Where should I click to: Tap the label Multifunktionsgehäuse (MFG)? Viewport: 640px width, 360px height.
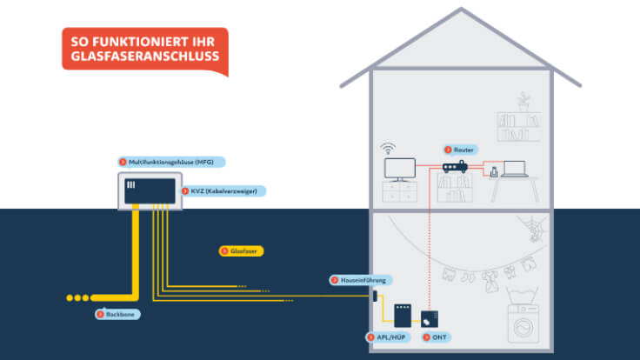171,162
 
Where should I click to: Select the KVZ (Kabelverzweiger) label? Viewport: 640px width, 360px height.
222,190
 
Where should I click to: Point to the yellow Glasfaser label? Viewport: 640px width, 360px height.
241,250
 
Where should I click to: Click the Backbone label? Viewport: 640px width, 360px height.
117,313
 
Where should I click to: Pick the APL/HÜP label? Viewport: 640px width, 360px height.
388,336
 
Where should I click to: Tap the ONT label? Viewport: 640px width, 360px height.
436,336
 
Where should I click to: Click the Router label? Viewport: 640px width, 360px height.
460,150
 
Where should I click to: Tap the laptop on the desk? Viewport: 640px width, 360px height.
516,169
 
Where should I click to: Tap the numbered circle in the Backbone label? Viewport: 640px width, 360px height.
100,313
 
